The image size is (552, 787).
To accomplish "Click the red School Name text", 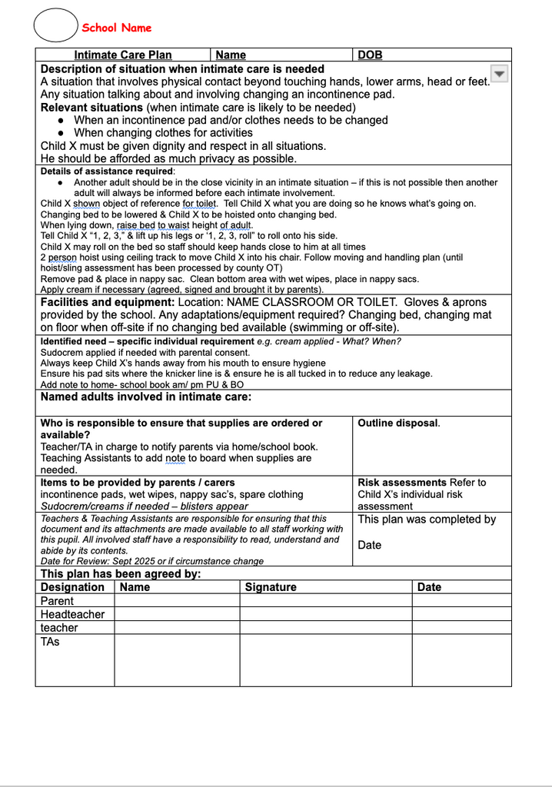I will (117, 28).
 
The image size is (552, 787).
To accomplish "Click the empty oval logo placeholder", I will (56, 25).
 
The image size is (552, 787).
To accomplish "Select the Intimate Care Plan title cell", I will (123, 55).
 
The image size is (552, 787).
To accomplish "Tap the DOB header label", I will (370, 55).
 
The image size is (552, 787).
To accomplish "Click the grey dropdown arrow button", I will (499, 73).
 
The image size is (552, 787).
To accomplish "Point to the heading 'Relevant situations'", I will (91, 108).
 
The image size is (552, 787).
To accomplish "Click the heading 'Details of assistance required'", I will (107, 171).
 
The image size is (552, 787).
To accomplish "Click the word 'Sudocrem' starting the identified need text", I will (60, 352).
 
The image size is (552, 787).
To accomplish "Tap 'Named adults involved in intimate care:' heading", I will (145, 397).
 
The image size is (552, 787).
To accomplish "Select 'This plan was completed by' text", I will (427, 520).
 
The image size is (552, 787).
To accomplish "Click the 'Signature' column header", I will (270, 587).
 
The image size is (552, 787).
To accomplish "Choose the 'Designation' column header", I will (72, 587).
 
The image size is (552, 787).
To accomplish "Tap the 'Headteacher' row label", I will (72, 614).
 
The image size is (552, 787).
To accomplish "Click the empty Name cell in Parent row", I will (177, 600).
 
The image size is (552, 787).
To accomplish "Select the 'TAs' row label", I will (50, 641).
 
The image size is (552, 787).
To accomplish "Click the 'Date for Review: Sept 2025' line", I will (151, 561).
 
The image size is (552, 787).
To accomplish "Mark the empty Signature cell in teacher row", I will (325, 627).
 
